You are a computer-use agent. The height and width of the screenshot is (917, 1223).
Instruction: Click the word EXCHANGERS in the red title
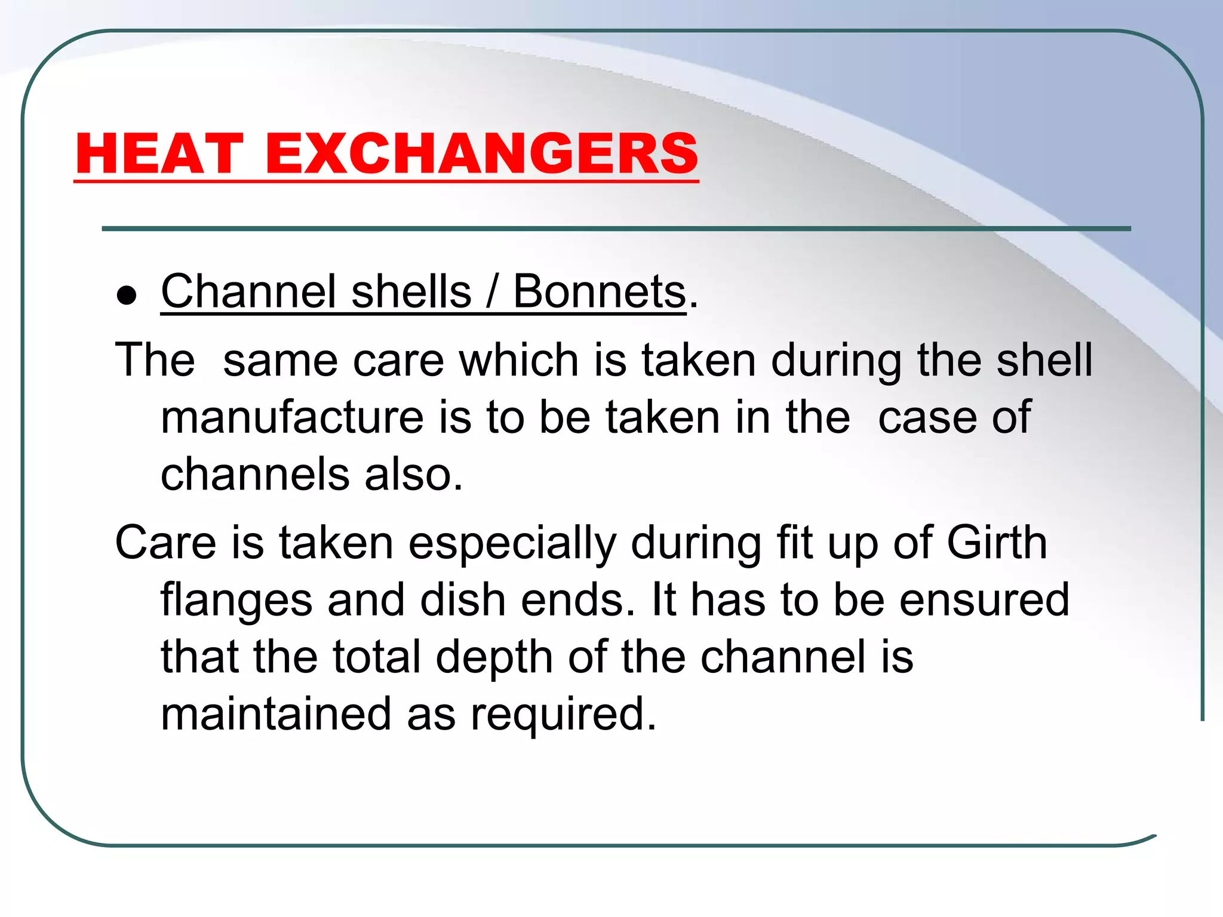(481, 153)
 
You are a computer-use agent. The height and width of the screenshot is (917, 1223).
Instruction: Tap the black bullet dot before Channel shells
(127, 295)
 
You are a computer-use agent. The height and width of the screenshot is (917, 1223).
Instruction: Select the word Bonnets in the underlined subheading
(599, 291)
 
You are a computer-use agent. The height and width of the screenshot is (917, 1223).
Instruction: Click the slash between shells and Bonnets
(492, 291)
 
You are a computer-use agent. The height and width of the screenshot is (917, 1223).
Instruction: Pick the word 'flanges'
(236, 601)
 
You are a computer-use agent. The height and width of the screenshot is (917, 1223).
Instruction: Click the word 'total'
(377, 657)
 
